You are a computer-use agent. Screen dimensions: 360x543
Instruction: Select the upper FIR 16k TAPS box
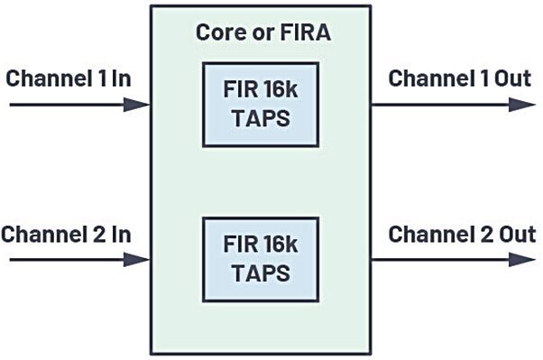click(260, 105)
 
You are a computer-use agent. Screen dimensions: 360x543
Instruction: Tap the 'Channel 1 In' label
click(69, 78)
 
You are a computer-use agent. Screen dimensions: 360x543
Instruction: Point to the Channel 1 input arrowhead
click(140, 105)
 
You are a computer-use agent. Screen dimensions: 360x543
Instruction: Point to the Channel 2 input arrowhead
click(140, 261)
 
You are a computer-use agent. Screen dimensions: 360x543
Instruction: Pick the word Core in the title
click(218, 35)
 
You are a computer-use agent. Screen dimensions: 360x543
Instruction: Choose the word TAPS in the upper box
click(260, 117)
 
